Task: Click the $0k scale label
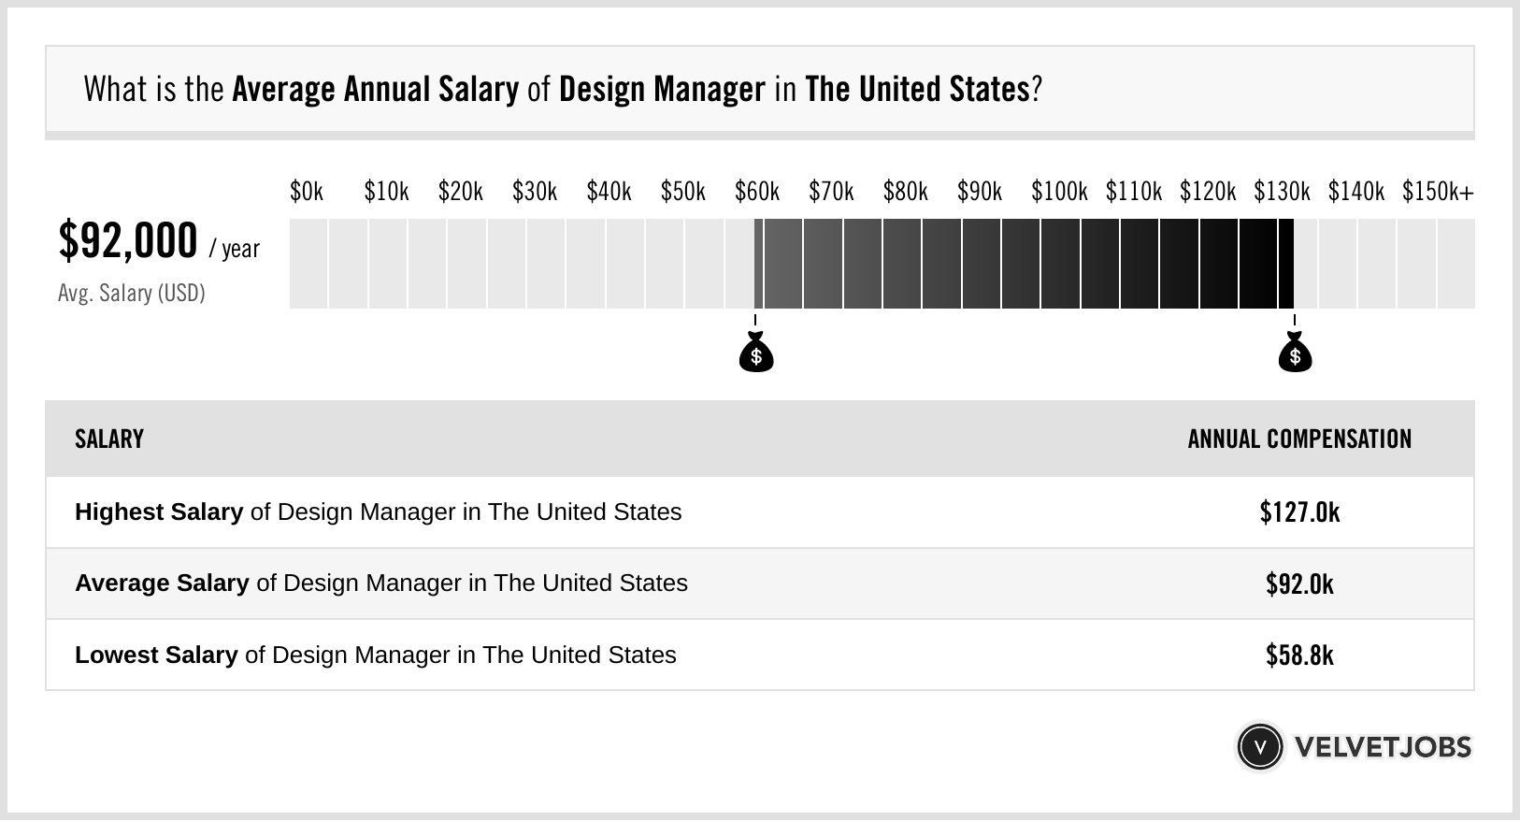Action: (x=307, y=192)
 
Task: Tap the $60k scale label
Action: (x=757, y=192)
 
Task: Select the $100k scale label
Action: (x=1059, y=192)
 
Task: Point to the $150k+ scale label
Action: (x=1438, y=192)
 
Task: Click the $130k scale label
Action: (x=1282, y=192)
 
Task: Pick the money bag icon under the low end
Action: (x=756, y=353)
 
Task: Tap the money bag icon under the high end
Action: (x=1295, y=353)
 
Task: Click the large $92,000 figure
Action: (x=128, y=240)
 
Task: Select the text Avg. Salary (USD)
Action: (x=132, y=294)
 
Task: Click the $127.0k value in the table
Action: (x=1299, y=512)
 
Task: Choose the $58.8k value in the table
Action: (x=1299, y=655)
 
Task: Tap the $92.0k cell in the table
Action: (x=1299, y=584)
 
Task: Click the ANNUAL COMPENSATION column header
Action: (x=1299, y=439)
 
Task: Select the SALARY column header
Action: (x=109, y=439)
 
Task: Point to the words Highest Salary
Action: (x=159, y=512)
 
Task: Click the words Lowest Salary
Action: (x=156, y=655)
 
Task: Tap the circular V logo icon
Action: (x=1259, y=747)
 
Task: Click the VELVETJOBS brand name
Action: (x=1383, y=747)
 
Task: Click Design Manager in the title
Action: (x=662, y=90)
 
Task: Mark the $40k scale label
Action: (x=609, y=192)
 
